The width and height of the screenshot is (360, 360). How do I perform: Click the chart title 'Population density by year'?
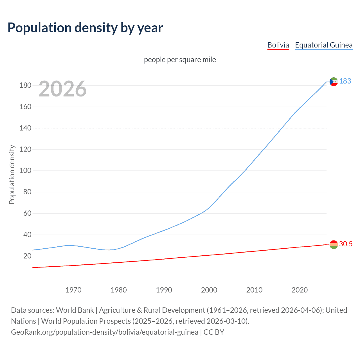(x=85, y=28)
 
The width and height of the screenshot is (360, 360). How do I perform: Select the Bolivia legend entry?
(x=278, y=45)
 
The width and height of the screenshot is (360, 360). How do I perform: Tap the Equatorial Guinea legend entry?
(x=323, y=45)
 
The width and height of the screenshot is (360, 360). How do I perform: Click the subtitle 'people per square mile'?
(x=180, y=60)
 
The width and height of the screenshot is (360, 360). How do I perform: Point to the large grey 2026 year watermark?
(x=62, y=89)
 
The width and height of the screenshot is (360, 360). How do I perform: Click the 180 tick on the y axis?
(x=25, y=85)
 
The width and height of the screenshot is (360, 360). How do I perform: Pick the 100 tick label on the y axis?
(x=25, y=171)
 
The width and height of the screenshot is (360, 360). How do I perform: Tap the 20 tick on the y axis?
(x=27, y=256)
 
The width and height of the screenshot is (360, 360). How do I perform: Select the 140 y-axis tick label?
(x=25, y=128)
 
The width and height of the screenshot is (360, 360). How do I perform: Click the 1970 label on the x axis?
(x=73, y=290)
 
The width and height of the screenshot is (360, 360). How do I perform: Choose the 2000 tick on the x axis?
(x=209, y=290)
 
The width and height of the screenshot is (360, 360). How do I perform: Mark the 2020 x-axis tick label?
(x=300, y=290)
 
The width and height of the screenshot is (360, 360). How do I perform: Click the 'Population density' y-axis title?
(x=12, y=174)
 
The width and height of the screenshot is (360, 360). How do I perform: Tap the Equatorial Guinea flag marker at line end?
(x=334, y=82)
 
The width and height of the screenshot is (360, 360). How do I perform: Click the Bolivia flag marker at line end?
(x=334, y=244)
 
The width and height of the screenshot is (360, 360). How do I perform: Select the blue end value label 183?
(x=345, y=81)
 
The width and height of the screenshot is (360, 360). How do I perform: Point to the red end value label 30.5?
(x=346, y=244)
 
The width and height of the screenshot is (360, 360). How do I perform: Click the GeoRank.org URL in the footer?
(x=105, y=332)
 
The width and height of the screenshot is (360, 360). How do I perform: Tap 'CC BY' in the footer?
(x=214, y=332)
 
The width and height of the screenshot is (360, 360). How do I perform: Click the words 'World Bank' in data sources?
(x=75, y=310)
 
